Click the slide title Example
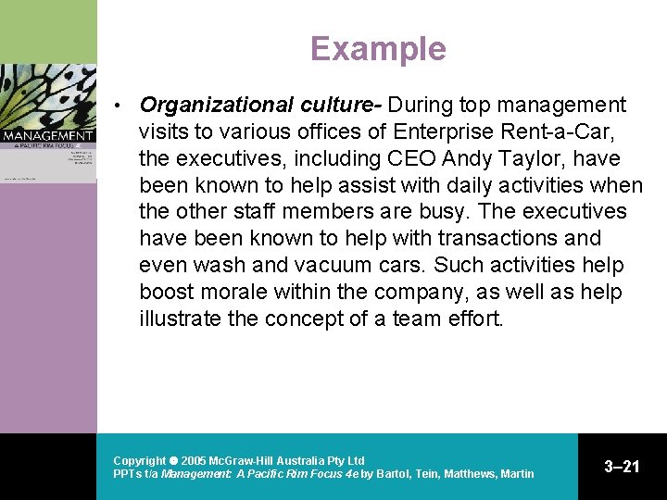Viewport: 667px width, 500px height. point(378,48)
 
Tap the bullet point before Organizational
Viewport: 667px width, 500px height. point(119,106)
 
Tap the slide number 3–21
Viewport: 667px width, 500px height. point(622,467)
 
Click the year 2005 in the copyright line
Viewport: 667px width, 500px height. point(195,460)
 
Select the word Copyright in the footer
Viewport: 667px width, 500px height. point(139,460)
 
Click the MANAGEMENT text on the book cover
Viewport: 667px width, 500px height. point(48,136)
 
